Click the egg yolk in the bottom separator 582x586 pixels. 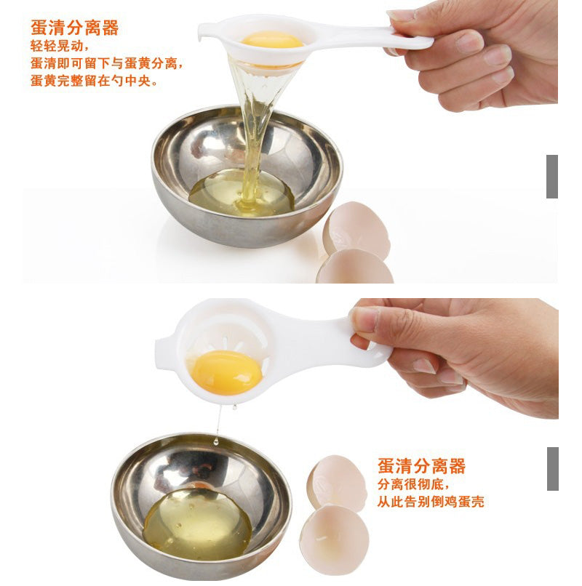click(226, 372)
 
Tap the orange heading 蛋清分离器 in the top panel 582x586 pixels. click(74, 28)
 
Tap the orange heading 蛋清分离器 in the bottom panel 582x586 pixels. click(421, 466)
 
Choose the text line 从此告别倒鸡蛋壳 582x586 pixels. click(431, 502)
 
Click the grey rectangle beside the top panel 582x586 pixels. click(552, 177)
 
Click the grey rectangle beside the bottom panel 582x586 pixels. click(553, 469)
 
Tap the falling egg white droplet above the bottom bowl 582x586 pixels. click(216, 442)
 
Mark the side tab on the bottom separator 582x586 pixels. click(164, 354)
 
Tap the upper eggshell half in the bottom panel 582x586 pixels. click(337, 482)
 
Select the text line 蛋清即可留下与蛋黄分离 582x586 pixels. click(107, 63)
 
